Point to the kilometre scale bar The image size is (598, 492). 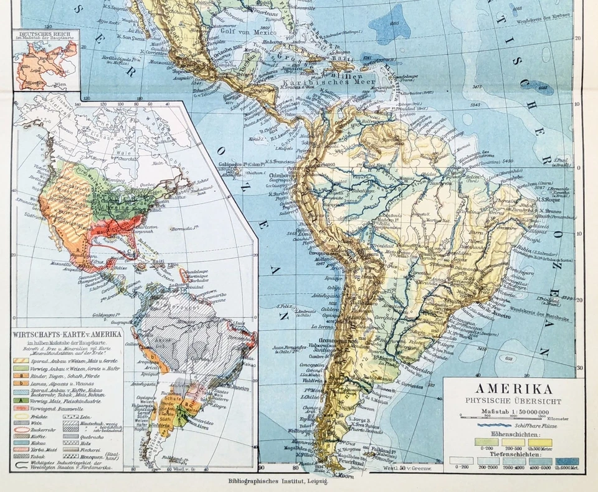(514, 417)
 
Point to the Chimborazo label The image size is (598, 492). (285, 176)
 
